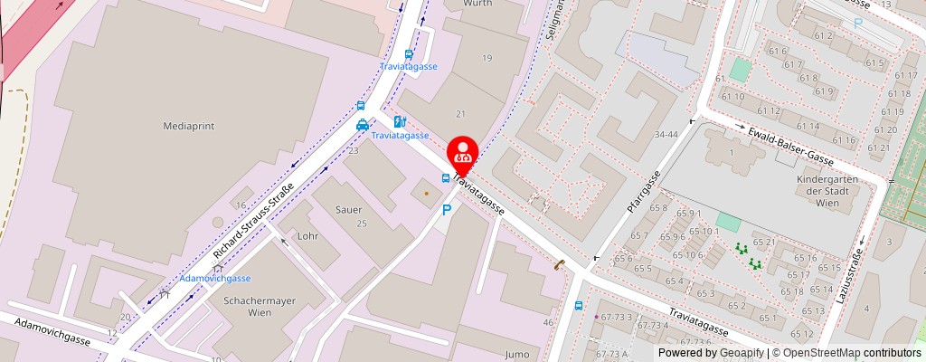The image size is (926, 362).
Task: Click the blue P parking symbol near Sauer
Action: (x=446, y=210)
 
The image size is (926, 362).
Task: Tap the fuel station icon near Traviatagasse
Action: (x=399, y=121)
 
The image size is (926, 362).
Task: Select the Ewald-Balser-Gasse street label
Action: (x=791, y=146)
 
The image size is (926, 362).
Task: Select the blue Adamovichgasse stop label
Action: (x=214, y=278)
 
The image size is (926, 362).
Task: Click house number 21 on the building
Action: (x=460, y=113)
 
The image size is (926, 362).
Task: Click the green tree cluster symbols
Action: (x=748, y=255)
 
